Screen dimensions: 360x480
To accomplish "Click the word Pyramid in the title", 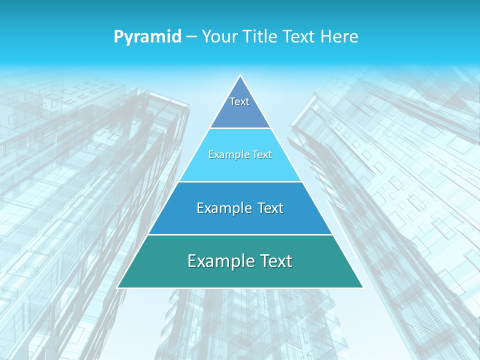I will pos(147,37).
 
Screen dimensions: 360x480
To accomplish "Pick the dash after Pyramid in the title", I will pos(191,37).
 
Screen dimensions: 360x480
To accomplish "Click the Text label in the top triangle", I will pos(239,101).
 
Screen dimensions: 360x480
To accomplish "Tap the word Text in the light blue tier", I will pos(262,155).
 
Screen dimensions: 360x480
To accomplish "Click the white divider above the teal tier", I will pos(240,234).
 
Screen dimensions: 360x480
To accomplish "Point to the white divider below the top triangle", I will pos(240,128).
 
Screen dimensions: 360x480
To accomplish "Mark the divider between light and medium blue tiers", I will pos(240,181).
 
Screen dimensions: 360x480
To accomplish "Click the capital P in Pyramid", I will pos(118,37).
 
